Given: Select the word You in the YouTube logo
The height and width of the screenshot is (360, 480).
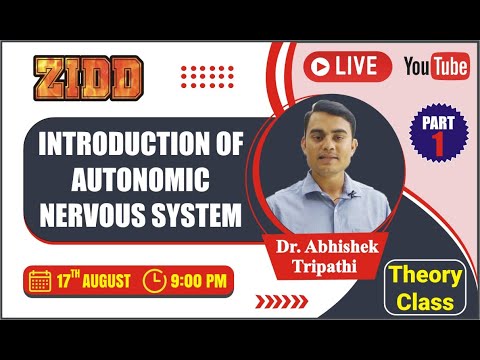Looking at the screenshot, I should (419, 66).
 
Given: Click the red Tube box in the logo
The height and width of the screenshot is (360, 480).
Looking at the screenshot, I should (450, 67).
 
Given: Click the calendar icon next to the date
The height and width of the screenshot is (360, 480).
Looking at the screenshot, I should (41, 280).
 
